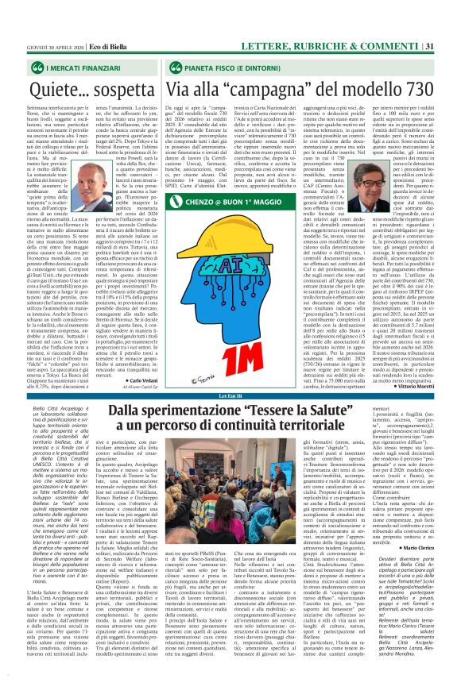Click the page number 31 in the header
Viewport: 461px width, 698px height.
(x=451, y=10)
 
